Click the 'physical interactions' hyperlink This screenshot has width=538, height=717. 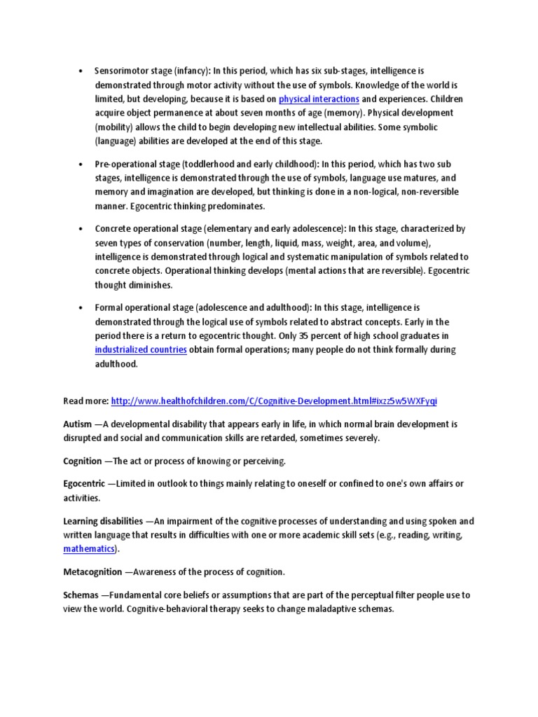pyautogui.click(x=319, y=99)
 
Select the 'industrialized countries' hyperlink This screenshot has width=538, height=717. pyautogui.click(x=141, y=349)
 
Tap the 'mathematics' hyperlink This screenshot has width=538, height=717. pyautogui.click(x=88, y=549)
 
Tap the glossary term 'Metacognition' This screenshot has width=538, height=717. pyautogui.click(x=92, y=572)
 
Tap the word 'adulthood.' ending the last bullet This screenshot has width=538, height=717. pyautogui.click(x=117, y=364)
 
